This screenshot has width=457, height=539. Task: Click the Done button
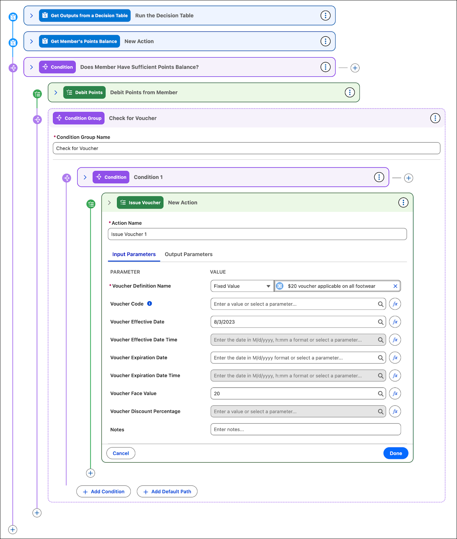[396, 453]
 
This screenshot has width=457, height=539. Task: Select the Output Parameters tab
[188, 254]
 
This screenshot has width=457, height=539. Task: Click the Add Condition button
[103, 492]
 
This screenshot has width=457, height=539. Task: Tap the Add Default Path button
[167, 492]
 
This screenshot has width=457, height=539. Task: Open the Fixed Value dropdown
[242, 286]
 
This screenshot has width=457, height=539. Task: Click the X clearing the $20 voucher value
[395, 286]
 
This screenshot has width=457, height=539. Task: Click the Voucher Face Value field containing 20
[293, 393]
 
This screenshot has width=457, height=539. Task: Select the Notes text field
[305, 430]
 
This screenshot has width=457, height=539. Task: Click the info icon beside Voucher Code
[150, 304]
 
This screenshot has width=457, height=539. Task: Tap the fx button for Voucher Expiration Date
[395, 358]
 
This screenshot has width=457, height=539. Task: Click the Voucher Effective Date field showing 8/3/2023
[293, 322]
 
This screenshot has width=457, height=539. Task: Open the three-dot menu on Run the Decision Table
[325, 15]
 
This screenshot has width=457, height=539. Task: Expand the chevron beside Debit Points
[56, 93]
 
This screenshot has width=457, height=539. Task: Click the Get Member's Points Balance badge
[80, 41]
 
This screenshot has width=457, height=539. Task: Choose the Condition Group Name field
[246, 148]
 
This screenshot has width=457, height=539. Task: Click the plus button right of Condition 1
[408, 178]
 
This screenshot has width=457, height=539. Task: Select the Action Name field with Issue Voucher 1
[257, 234]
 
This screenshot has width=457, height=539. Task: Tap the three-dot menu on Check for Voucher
[435, 118]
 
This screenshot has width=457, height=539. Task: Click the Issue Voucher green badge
[140, 202]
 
